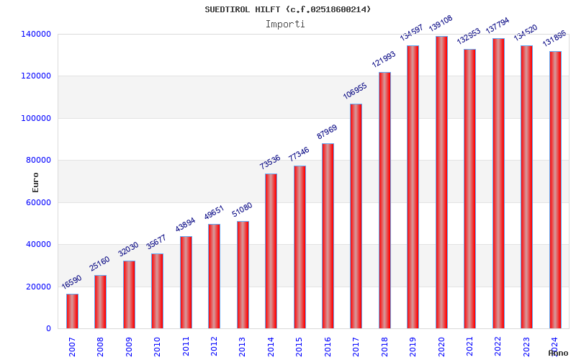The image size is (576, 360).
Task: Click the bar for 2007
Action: pyautogui.click(x=72, y=311)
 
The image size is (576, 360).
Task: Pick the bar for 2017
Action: pyautogui.click(x=356, y=216)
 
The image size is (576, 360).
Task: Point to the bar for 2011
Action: pyautogui.click(x=186, y=282)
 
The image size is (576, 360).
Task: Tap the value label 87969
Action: pyautogui.click(x=327, y=130)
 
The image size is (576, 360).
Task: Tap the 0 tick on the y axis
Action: pyautogui.click(x=48, y=328)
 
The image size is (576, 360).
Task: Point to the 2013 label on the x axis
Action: pyautogui.click(x=243, y=346)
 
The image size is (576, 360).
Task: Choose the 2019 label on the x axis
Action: pyautogui.click(x=413, y=346)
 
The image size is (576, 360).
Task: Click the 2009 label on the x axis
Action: pyautogui.click(x=130, y=346)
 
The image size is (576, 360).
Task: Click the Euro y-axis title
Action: pyautogui.click(x=36, y=182)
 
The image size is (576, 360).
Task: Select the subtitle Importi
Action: pyautogui.click(x=285, y=24)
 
